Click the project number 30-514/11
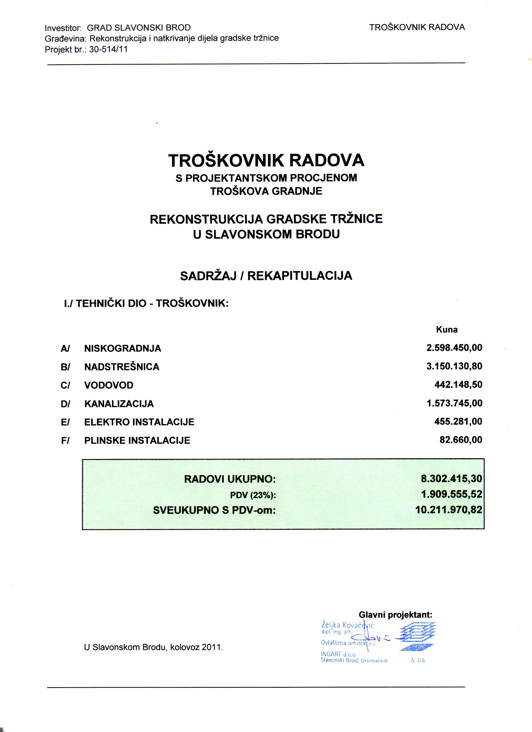tap(108, 49)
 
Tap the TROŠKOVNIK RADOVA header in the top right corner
tap(417, 27)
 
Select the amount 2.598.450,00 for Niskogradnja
tap(454, 348)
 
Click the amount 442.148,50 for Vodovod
tap(458, 385)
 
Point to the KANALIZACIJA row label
tap(119, 404)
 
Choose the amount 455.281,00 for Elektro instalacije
tap(458, 422)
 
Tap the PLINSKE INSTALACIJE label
tap(137, 440)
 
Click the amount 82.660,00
tap(461, 440)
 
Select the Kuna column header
tap(447, 329)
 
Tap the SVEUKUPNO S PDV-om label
tap(214, 510)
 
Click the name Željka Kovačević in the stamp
tap(348, 625)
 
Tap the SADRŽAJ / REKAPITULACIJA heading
tap(266, 276)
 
